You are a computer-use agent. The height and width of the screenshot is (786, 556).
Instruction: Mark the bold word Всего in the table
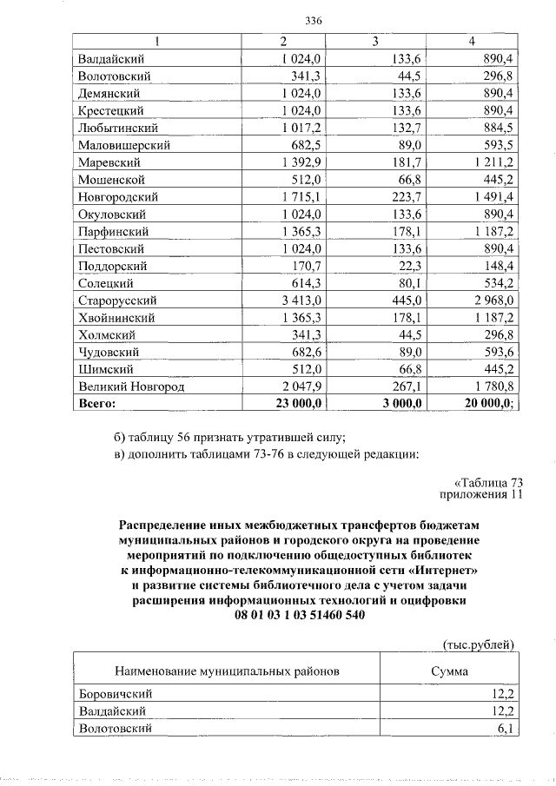[96, 404]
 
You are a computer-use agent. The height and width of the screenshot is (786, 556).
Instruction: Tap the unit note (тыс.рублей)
[480, 644]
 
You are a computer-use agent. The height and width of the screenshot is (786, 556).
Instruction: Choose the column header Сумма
[449, 671]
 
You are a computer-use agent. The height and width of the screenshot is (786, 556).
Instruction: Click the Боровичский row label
[116, 694]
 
